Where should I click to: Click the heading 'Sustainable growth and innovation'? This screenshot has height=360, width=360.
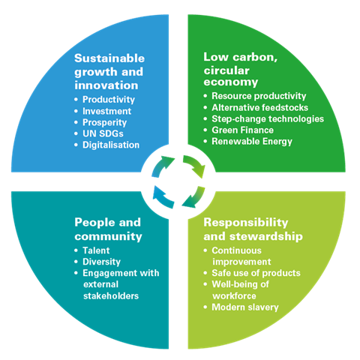click(109, 72)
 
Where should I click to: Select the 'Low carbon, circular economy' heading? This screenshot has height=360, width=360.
click(241, 70)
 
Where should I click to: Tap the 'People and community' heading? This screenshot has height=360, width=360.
click(108, 229)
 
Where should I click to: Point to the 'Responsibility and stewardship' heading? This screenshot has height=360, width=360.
click(253, 229)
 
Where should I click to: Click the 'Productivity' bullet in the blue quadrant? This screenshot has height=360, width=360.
click(109, 100)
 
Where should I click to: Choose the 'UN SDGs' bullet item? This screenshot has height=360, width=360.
click(103, 133)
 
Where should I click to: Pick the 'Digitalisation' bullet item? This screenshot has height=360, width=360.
click(111, 145)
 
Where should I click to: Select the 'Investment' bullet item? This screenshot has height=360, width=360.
click(106, 111)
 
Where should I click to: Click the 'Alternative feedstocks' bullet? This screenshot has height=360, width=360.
click(260, 107)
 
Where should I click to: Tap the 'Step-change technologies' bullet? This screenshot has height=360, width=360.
click(268, 119)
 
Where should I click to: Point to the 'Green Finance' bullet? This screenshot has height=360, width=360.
click(242, 130)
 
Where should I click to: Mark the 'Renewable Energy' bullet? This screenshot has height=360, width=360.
click(252, 142)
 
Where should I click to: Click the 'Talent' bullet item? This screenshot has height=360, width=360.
click(96, 250)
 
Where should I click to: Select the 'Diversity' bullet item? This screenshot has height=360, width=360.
click(101, 262)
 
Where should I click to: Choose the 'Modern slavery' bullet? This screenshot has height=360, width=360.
click(245, 307)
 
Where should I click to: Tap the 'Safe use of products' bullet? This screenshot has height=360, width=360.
click(256, 273)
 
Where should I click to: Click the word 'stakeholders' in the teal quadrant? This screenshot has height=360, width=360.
click(111, 296)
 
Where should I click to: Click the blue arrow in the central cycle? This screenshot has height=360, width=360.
click(162, 197)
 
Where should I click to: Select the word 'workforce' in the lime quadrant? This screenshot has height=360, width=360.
click(234, 296)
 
